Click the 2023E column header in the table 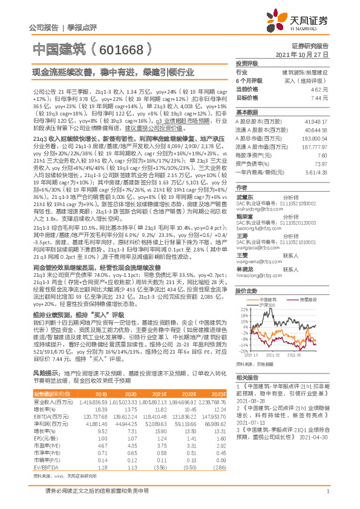[x=220, y=393]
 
